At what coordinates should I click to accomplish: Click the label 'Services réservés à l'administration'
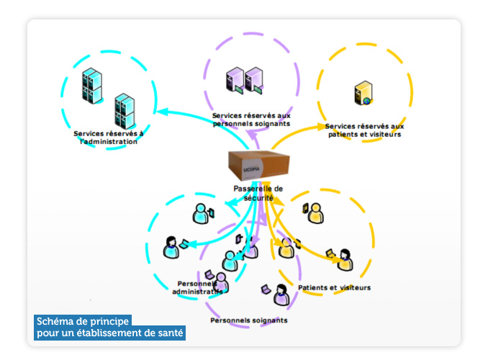tap(108, 138)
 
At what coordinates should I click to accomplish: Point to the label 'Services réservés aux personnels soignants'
tap(251, 120)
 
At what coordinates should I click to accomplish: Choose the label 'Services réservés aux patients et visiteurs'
tap(364, 130)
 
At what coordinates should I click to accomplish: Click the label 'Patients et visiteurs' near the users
tap(335, 288)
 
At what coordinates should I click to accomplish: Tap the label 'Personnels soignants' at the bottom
tap(249, 320)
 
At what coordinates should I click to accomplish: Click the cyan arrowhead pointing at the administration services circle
tap(161, 111)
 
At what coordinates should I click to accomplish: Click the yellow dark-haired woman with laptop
tap(345, 259)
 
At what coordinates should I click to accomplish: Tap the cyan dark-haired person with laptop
tap(171, 247)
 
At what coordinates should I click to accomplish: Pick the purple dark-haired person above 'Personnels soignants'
tap(281, 294)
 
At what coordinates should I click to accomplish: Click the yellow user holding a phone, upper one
tap(315, 212)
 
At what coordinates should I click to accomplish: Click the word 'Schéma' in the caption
tap(58, 321)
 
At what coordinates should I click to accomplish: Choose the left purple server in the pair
tap(235, 80)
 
